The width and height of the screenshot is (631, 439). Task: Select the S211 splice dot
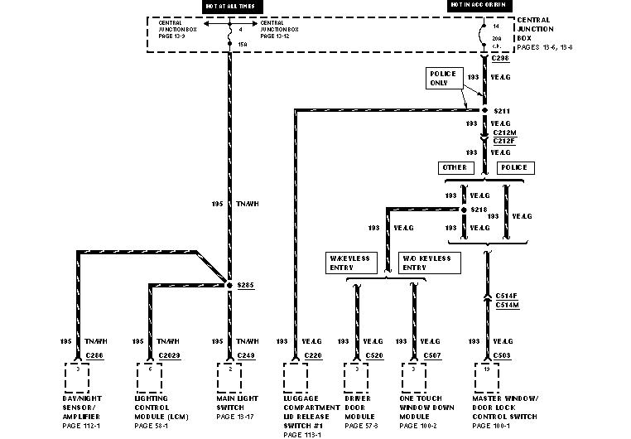[485, 109]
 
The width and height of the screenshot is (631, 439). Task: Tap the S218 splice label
[479, 210]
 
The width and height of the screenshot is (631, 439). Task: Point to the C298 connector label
[500, 59]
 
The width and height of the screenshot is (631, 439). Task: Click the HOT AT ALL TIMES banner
[229, 6]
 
